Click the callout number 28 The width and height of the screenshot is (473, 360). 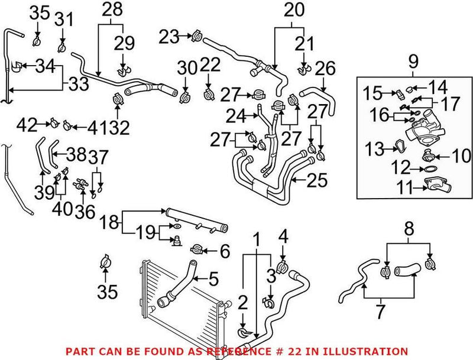coord(111,9)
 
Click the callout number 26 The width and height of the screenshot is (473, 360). coord(324,69)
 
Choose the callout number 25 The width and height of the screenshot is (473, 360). coord(317,180)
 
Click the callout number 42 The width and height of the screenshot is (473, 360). coord(27,124)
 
